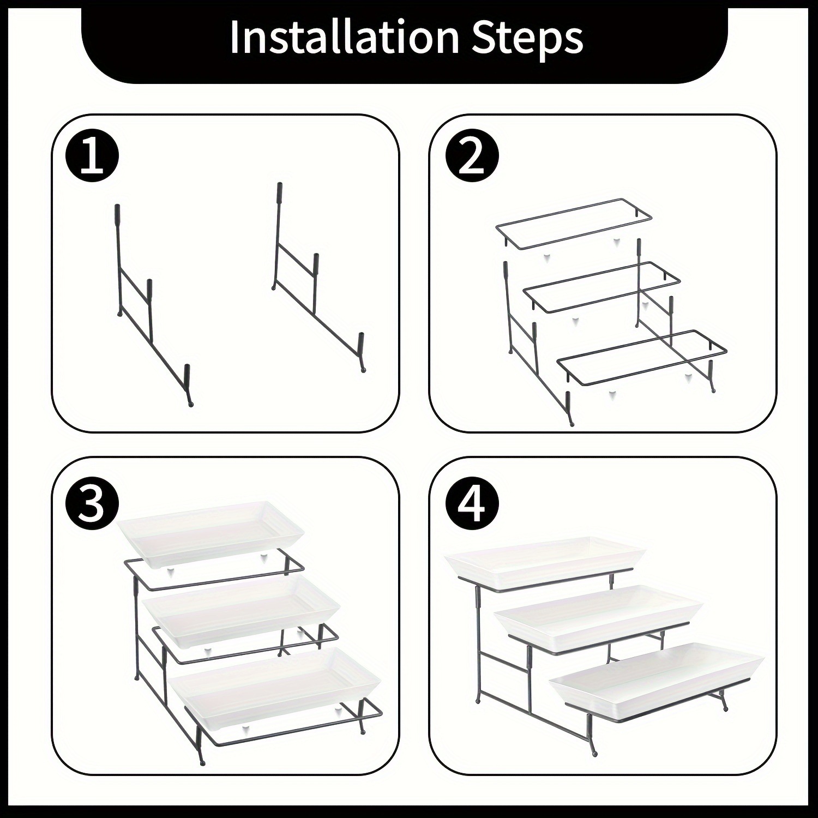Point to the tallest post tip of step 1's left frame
coord(117,206)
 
